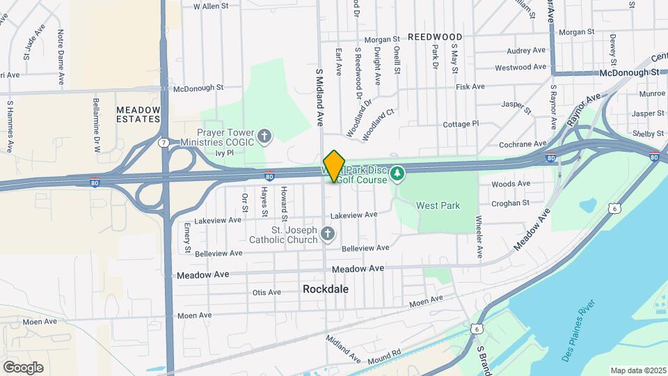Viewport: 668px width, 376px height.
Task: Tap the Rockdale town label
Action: coord(326,288)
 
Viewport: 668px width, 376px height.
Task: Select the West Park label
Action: coord(438,205)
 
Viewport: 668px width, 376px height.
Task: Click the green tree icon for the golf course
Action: coord(397,173)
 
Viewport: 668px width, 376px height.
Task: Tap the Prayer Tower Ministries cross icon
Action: coord(264,136)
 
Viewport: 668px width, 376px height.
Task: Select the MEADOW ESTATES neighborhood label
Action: coord(138,114)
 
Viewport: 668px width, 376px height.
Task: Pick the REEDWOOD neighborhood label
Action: coord(435,36)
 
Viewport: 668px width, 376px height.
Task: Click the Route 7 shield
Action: coord(163,143)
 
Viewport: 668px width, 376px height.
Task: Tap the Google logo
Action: coord(23,367)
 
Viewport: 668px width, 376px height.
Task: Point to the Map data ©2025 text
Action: coord(639,370)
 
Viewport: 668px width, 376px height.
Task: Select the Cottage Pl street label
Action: coord(461,124)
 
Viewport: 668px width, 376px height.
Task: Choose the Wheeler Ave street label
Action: coord(479,237)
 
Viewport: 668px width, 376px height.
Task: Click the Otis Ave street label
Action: coord(267,292)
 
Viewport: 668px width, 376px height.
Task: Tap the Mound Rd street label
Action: coord(386,353)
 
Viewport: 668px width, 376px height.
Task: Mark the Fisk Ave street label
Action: coord(470,86)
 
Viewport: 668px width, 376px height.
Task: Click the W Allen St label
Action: coord(211,6)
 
